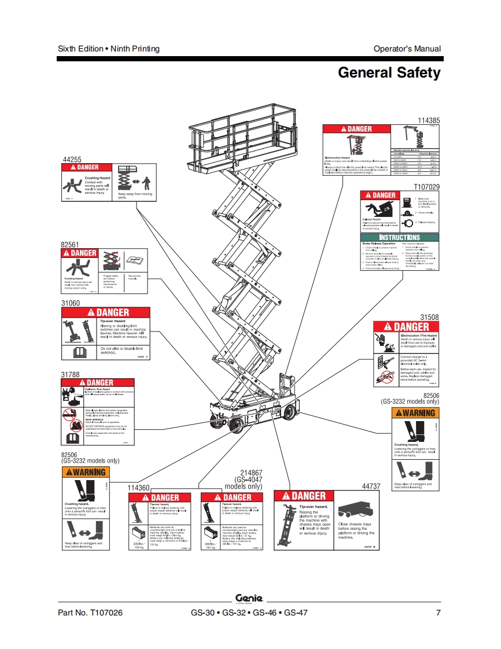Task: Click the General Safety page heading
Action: tap(389, 73)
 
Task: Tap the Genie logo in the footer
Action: tap(249, 598)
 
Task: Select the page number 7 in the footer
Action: tap(438, 613)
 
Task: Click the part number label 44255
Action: tap(72, 159)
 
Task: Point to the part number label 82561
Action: tap(70, 245)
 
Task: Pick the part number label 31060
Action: tap(71, 303)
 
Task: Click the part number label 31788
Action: tap(71, 374)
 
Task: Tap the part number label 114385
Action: tap(429, 120)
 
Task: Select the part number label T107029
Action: tap(426, 187)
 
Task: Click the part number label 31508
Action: tap(429, 317)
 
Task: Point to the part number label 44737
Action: tap(371, 486)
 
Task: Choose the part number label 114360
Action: tap(139, 488)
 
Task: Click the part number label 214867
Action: tap(251, 473)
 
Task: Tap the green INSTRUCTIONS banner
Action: tap(399, 237)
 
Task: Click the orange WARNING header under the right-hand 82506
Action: tap(415, 413)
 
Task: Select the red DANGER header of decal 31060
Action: tap(106, 312)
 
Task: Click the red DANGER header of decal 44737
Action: tap(304, 496)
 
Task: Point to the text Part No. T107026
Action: tap(90, 613)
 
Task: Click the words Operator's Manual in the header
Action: tap(407, 49)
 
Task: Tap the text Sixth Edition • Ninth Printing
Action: tap(109, 49)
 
